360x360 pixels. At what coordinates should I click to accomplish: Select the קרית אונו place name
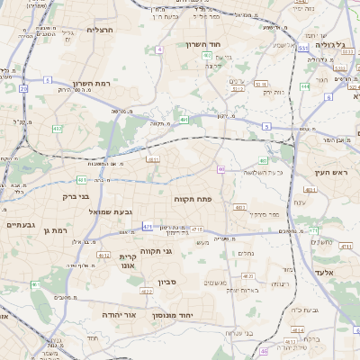point(128,261)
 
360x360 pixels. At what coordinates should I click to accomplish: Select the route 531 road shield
point(303,48)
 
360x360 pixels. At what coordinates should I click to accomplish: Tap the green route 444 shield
point(305,86)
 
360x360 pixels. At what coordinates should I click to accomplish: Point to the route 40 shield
point(221,169)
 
